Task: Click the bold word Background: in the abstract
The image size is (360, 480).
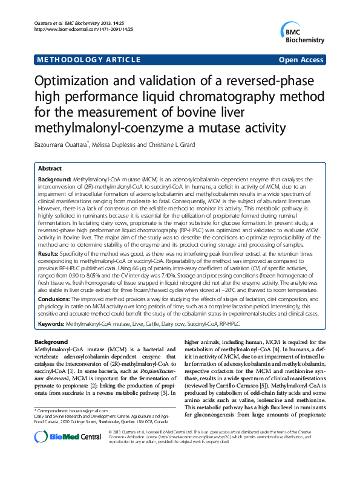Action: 54,180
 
